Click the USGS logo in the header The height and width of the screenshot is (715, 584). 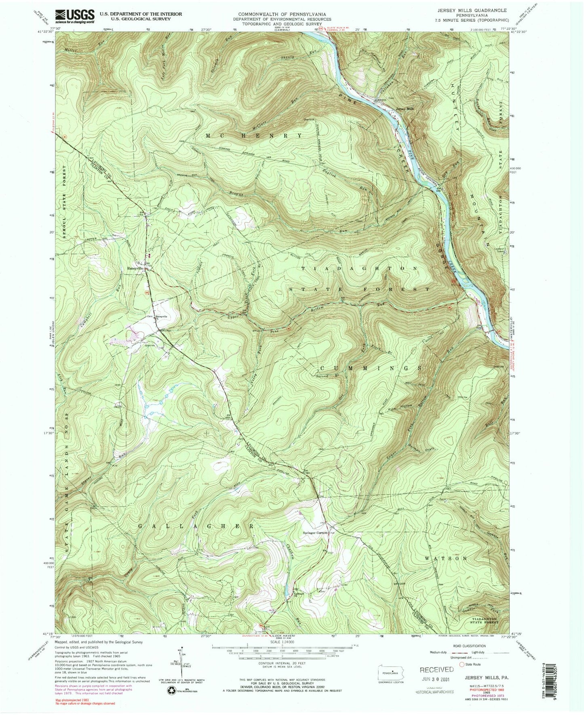pos(75,16)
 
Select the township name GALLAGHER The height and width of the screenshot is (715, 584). pos(196,526)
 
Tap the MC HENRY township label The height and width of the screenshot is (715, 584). pos(254,136)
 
